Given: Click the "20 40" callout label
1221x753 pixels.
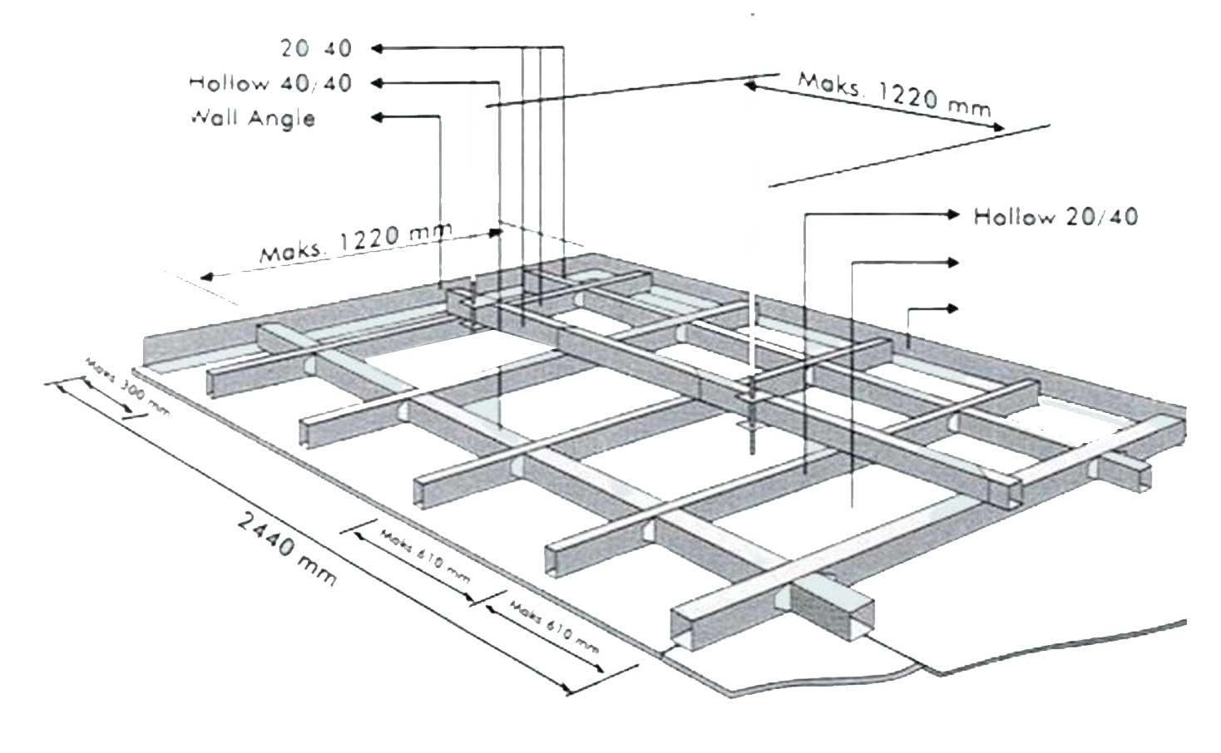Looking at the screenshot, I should pyautogui.click(x=315, y=48).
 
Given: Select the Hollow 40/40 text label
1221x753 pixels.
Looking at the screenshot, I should pyautogui.click(x=269, y=82).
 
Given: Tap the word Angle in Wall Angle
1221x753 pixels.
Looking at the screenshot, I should pyautogui.click(x=285, y=118).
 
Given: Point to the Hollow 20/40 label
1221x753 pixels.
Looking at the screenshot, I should pyautogui.click(x=1055, y=217).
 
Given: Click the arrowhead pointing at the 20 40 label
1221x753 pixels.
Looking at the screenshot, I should pyautogui.click(x=376, y=48).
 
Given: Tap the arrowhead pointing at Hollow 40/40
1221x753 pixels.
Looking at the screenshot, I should pyautogui.click(x=376, y=82).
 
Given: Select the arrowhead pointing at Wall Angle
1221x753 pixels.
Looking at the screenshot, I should pyautogui.click(x=376, y=117).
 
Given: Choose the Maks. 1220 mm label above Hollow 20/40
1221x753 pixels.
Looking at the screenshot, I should pyautogui.click(x=894, y=94).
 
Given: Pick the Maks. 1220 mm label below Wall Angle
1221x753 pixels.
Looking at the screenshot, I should pyautogui.click(x=355, y=241).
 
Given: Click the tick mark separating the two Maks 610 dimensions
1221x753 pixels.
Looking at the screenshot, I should pyautogui.click(x=479, y=599).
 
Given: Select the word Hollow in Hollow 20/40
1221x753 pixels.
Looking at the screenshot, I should pyautogui.click(x=1013, y=217).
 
